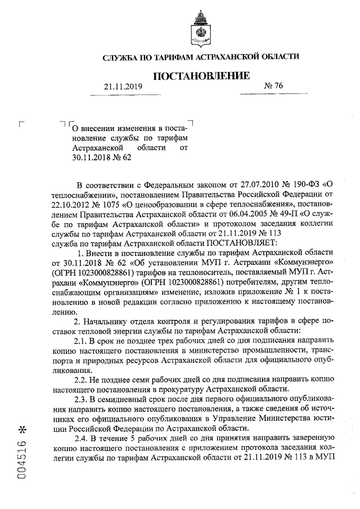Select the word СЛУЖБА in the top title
121,57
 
